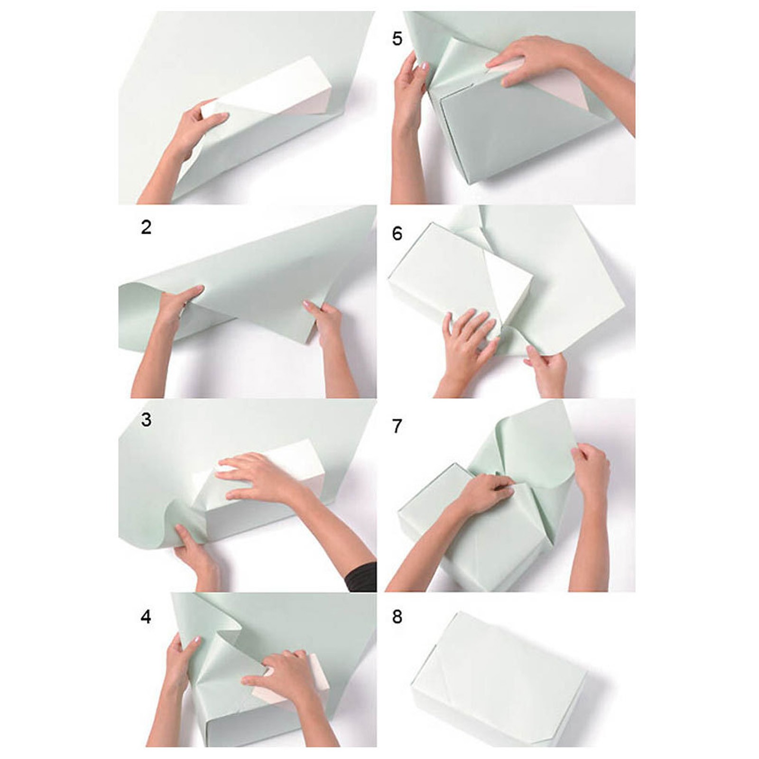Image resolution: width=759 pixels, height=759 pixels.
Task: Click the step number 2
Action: coord(146,227)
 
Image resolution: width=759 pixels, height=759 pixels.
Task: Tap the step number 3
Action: coord(146,420)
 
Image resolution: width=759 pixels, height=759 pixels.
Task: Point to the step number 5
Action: coord(397,38)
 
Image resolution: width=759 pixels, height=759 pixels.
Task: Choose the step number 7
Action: coord(397,426)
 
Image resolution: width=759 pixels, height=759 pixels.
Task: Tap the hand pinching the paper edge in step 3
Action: coord(194,550)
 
